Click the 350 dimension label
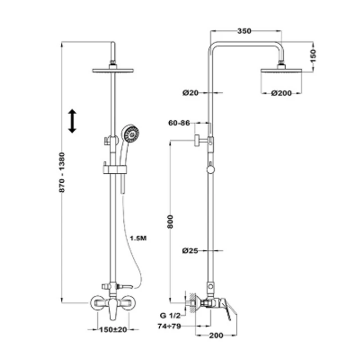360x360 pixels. (244, 31)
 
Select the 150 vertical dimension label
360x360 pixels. (313, 55)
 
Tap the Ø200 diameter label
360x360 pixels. (281, 93)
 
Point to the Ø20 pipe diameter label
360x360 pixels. (190, 93)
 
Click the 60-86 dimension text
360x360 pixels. (179, 123)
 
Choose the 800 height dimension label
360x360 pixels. (170, 221)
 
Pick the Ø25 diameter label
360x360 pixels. (190, 251)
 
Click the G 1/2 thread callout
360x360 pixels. (170, 315)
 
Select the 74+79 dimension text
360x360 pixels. (169, 326)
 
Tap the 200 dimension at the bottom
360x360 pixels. (216, 335)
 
